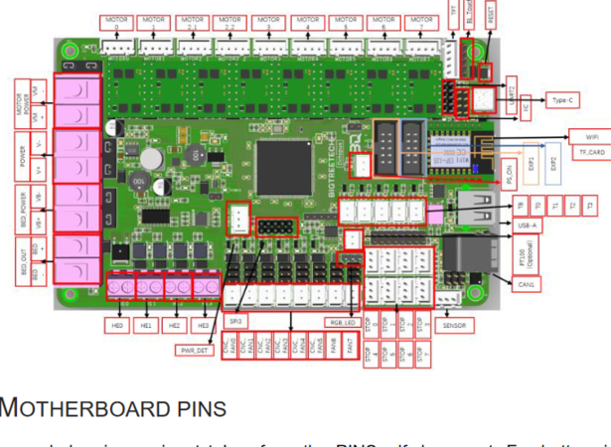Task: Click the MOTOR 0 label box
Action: click(x=116, y=19)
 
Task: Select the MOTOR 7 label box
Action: click(x=422, y=19)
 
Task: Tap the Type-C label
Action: click(x=564, y=100)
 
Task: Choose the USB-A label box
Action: click(x=531, y=224)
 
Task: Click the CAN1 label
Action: click(x=525, y=285)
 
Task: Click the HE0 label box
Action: click(x=118, y=325)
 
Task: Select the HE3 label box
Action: click(x=204, y=325)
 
